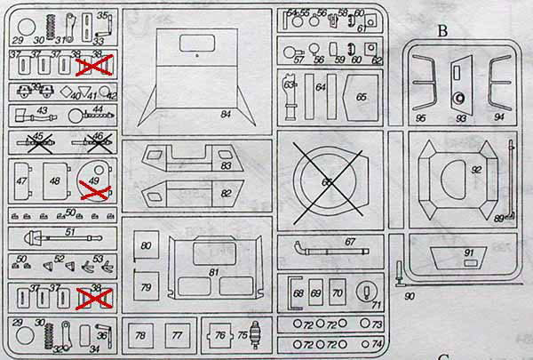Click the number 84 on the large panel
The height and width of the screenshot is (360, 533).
pos(227,115)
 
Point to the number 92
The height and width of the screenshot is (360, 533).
pos(476,168)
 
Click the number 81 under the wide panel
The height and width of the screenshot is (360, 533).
pos(212,271)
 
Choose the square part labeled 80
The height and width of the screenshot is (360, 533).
pos(145,246)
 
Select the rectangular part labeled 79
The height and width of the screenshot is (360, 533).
pos(145,286)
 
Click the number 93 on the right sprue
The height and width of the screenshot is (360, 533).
pos(460,117)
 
